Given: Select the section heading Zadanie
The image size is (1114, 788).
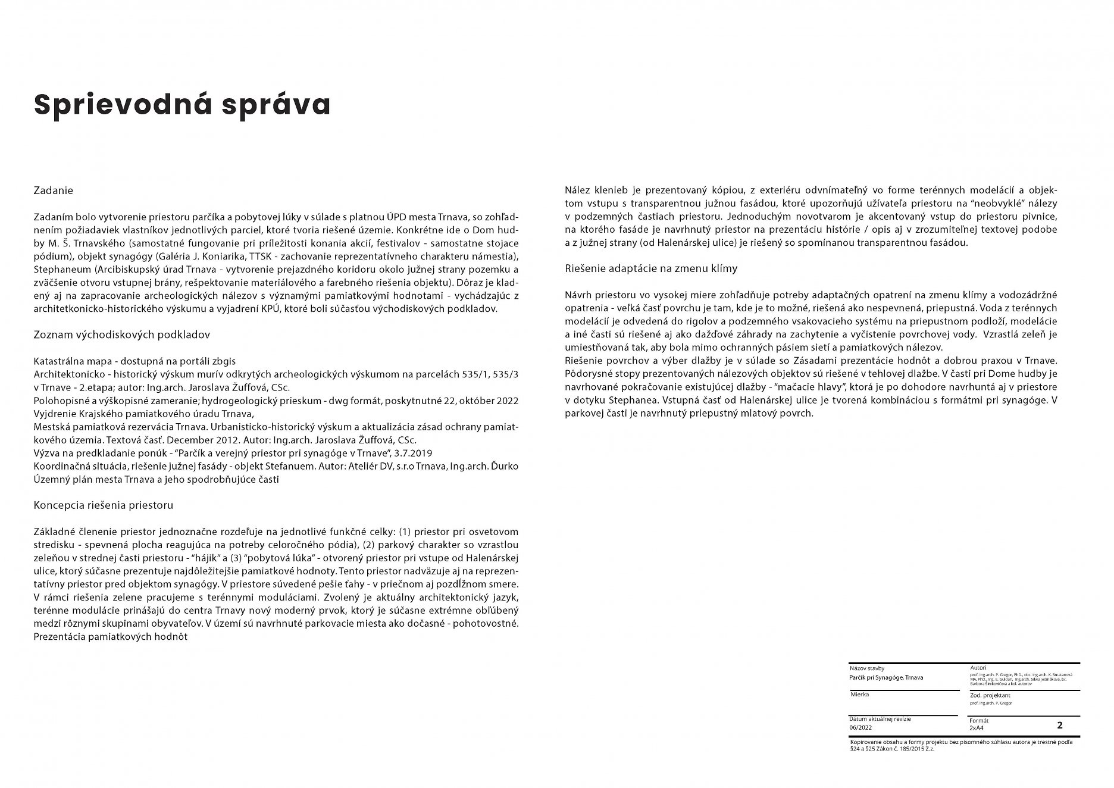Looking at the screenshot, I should point(54,190).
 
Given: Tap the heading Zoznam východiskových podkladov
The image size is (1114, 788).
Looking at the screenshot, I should point(122,334).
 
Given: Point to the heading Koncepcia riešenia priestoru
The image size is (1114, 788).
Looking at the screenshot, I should point(104,505).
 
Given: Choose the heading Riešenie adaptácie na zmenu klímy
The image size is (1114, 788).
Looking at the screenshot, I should point(651,268).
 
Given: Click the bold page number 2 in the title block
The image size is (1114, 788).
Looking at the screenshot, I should point(1059,725).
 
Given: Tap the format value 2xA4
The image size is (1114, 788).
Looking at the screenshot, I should point(977,727).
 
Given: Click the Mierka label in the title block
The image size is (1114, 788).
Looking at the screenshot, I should point(859,695).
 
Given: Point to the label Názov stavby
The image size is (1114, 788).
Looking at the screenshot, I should point(867,668).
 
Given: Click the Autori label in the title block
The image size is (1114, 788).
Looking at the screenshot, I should point(978,668).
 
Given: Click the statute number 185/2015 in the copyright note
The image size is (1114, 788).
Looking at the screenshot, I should point(913,749).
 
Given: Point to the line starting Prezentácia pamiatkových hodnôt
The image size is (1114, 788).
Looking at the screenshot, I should point(111,636).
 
